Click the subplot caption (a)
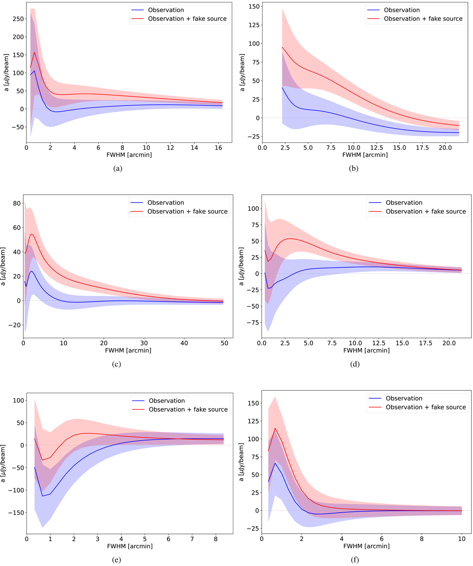(x=117, y=169)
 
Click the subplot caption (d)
(x=355, y=364)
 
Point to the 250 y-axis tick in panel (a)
(x=18, y=19)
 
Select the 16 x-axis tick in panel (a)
(x=218, y=148)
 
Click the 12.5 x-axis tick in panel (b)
(x=376, y=148)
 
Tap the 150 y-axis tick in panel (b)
(x=254, y=6)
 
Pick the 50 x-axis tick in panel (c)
(x=224, y=343)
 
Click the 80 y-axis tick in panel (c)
(x=17, y=204)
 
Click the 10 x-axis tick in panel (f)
(x=462, y=539)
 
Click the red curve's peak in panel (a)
(x=34, y=52)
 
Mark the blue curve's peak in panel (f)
(x=275, y=463)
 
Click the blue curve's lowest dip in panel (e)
(x=43, y=496)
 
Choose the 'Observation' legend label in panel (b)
(x=402, y=10)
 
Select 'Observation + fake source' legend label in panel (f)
(x=426, y=407)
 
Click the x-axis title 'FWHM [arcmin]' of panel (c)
(x=128, y=350)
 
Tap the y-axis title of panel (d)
(x=242, y=266)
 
